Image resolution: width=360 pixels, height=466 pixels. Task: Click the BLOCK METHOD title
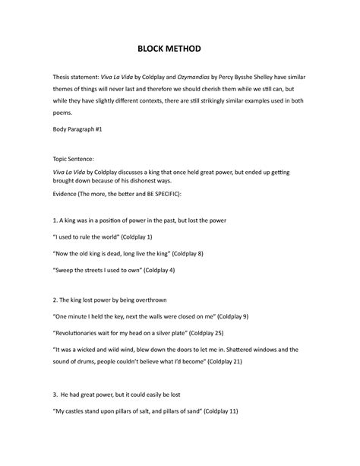pyautogui.click(x=180, y=51)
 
